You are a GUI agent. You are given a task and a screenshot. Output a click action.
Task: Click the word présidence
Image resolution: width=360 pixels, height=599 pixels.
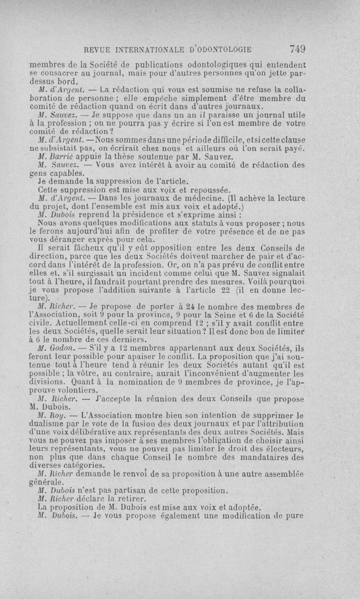coord(126,215)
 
